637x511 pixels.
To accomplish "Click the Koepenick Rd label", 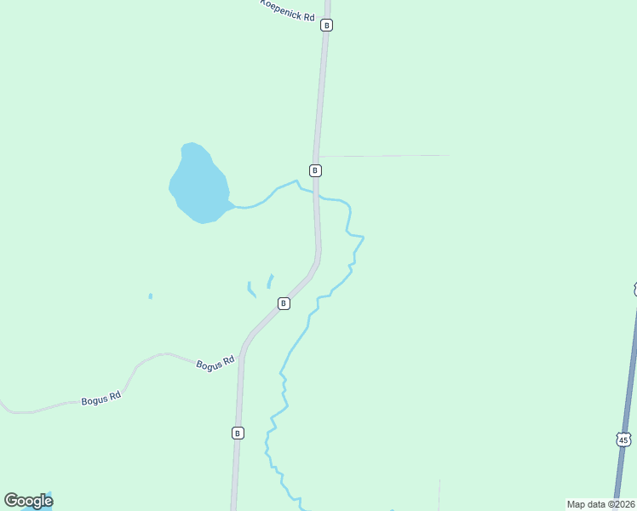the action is click(288, 10).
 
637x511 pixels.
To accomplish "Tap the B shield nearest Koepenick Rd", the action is click(326, 26).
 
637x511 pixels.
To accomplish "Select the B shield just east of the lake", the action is click(315, 170).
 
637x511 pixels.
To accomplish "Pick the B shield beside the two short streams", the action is click(284, 303).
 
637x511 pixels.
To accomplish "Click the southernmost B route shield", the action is click(238, 433).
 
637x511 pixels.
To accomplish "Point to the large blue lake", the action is click(198, 184).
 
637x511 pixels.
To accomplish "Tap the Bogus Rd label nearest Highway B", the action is click(215, 364).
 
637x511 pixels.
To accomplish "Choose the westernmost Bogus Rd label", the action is click(101, 399).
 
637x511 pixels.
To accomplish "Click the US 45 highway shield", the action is click(623, 439).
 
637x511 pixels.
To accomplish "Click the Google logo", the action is click(28, 501).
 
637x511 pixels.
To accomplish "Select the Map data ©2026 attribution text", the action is click(600, 504).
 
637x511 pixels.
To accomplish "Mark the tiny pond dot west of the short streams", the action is click(151, 296).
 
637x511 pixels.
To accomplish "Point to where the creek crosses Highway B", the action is click(316, 193).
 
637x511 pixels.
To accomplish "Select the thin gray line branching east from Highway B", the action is click(383, 156).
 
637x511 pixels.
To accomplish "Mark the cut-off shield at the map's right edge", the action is click(634, 290).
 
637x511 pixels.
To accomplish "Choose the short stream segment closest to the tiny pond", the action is click(250, 290).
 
